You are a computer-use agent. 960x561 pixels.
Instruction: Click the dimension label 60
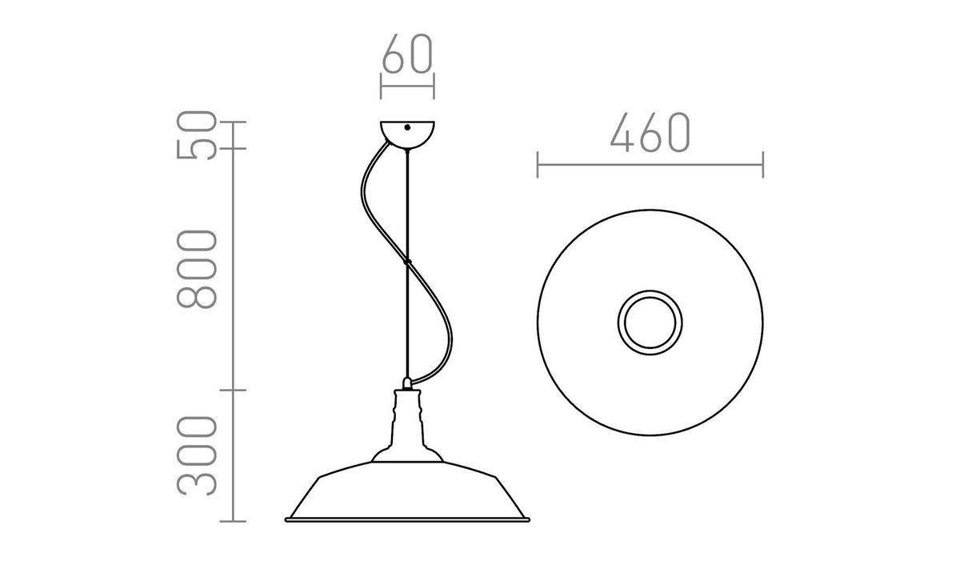click(x=407, y=54)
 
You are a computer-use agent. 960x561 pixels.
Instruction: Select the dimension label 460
click(x=649, y=132)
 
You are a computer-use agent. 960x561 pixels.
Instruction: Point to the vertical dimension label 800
click(x=197, y=269)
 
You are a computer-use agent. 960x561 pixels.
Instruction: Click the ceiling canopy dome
click(x=407, y=134)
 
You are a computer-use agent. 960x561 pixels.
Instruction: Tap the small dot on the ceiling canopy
click(x=407, y=127)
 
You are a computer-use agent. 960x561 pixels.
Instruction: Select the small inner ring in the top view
click(x=650, y=324)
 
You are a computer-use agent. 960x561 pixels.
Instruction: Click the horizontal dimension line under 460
click(x=650, y=166)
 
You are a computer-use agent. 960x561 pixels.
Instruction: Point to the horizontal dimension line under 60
click(x=407, y=85)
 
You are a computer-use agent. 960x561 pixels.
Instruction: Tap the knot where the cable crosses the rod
click(x=407, y=261)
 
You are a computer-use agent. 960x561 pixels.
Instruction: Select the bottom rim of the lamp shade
click(x=408, y=520)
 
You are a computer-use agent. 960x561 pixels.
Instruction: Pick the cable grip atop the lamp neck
click(x=408, y=383)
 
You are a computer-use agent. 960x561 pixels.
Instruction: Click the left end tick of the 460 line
click(x=538, y=166)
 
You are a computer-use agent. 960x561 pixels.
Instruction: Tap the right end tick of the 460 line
click(x=762, y=166)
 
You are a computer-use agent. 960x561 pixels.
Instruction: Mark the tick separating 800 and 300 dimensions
click(x=233, y=390)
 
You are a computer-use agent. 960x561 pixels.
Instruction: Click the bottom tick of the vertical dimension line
click(x=233, y=521)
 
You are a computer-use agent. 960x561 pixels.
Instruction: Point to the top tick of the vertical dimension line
click(x=233, y=122)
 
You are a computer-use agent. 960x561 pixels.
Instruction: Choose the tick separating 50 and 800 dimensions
click(x=233, y=149)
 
